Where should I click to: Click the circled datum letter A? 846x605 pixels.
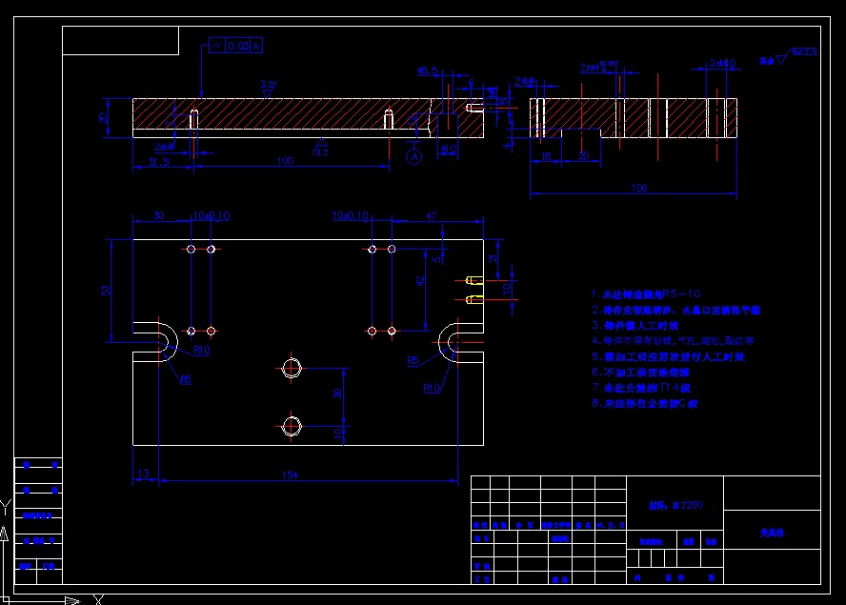(413, 155)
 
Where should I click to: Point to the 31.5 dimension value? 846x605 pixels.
(159, 162)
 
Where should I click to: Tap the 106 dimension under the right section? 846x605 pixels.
(638, 188)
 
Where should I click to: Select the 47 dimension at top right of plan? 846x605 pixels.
(431, 217)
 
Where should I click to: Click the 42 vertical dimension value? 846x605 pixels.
(420, 280)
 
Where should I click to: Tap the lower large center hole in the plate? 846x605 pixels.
(292, 425)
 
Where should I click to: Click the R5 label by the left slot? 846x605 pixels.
(185, 379)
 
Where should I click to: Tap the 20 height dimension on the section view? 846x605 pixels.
(102, 118)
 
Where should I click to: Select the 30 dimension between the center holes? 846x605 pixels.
(336, 393)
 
